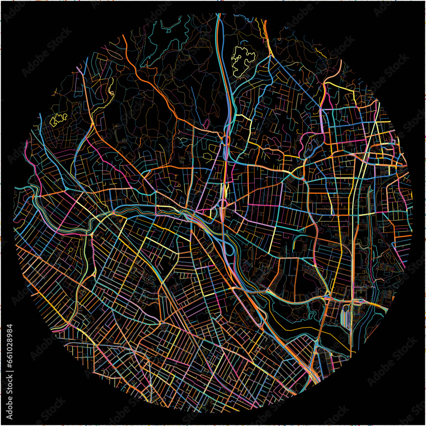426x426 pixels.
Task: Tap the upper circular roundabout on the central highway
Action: [x=224, y=140]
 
